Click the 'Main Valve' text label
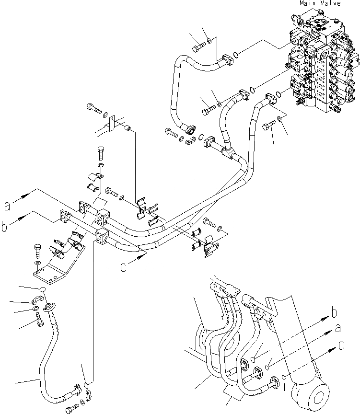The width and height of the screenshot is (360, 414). (x=320, y=3)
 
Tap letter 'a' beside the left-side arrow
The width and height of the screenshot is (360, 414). (x=7, y=206)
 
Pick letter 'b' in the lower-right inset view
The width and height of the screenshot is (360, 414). (x=335, y=314)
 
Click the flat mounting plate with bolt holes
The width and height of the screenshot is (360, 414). (x=58, y=266)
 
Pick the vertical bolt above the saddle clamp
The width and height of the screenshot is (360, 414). (x=101, y=154)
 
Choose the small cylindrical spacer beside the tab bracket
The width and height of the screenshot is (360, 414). (x=128, y=128)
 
